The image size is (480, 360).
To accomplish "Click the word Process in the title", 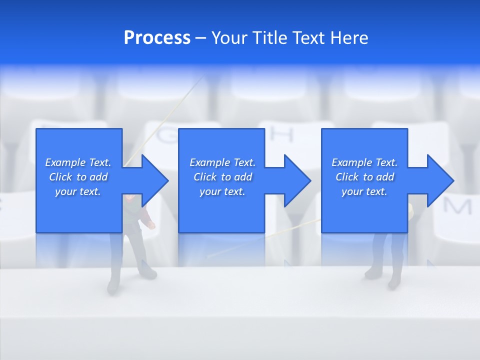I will click(157, 38).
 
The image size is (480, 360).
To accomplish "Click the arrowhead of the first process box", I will click(155, 180).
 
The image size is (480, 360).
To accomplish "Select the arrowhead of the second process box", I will click(297, 180).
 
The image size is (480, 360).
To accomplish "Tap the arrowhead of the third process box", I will click(440, 180).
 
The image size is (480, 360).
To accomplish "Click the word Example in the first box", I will click(65, 162).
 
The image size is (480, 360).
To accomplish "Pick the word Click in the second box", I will click(204, 177).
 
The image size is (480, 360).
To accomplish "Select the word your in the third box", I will click(352, 191).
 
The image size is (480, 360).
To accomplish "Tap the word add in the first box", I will click(98, 177).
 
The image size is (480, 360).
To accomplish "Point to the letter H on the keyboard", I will click(282, 134).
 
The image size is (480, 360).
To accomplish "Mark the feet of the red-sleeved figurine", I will click(132, 280).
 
